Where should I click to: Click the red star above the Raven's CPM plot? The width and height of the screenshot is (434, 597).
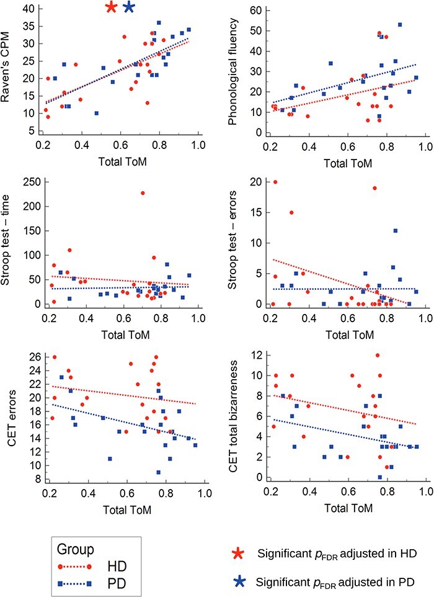click(111, 7)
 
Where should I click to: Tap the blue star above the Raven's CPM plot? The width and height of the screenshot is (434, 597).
click(129, 7)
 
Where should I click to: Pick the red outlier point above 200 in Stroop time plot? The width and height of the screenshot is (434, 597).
click(142, 193)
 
